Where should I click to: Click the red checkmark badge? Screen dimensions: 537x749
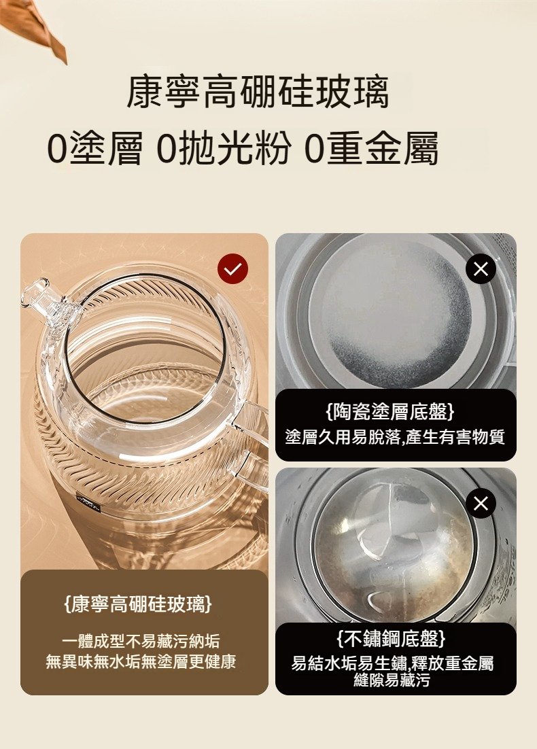coord(232,269)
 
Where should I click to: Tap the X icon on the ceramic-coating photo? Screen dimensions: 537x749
coord(481,269)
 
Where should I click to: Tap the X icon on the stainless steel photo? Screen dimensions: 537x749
coord(481,503)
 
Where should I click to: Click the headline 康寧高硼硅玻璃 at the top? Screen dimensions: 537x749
coord(258,91)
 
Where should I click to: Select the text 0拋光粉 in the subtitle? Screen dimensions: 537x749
coord(224,148)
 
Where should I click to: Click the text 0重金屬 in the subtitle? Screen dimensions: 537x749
coord(371,148)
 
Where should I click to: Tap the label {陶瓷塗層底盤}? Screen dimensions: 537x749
coord(390,411)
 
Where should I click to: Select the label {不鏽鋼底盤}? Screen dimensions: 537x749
coord(392,638)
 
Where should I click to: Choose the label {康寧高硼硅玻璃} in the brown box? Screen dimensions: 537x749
coord(138,604)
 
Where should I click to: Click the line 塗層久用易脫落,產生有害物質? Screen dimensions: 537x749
coord(395,437)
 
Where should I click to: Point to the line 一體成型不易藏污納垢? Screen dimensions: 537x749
coord(141,640)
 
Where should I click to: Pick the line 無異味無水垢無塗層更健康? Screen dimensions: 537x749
coord(141,661)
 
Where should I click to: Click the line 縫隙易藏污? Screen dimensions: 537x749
coord(392,680)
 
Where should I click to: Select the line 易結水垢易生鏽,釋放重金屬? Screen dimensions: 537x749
coord(392,663)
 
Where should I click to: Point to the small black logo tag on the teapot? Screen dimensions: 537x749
coord(88,504)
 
